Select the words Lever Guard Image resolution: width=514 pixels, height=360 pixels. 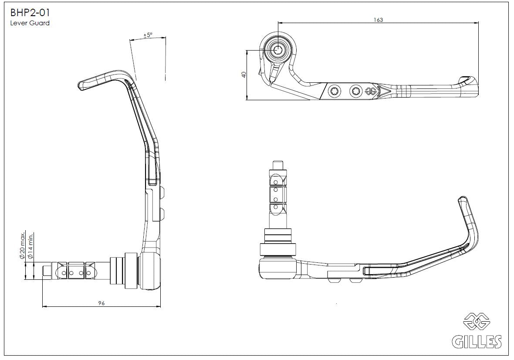[x=30, y=24]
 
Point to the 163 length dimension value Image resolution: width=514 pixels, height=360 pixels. [x=378, y=20]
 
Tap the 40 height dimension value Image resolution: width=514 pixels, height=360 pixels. [x=243, y=75]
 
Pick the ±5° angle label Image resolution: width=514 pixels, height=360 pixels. [x=148, y=35]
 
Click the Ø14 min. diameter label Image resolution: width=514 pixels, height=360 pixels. [x=31, y=248]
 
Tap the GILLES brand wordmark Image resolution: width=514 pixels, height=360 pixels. [x=476, y=341]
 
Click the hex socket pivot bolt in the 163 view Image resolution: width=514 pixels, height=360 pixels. [x=278, y=50]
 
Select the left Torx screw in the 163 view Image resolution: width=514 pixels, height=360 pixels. [x=334, y=91]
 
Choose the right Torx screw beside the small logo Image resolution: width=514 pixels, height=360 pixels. [x=355, y=91]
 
